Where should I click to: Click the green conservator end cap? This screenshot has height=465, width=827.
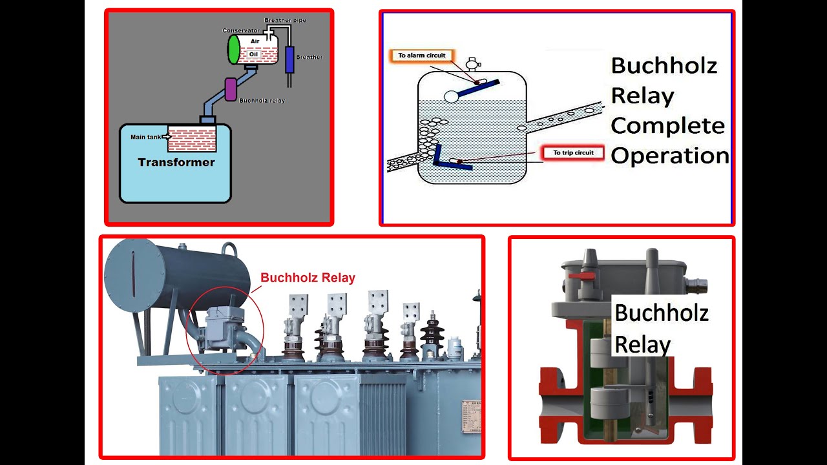pyautogui.click(x=234, y=50)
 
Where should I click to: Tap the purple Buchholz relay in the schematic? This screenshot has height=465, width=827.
pyautogui.click(x=230, y=88)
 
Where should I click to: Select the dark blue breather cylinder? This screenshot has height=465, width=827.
pyautogui.click(x=289, y=59)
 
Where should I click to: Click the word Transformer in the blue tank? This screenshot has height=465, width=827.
pyautogui.click(x=176, y=162)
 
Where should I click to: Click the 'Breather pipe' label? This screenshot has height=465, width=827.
pyautogui.click(x=285, y=20)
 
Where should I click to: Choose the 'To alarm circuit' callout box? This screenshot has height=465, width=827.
pyautogui.click(x=422, y=56)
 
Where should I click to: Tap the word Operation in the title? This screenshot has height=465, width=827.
pyautogui.click(x=669, y=156)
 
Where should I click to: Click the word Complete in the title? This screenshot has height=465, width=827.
pyautogui.click(x=667, y=125)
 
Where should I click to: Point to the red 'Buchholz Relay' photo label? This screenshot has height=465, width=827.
pyautogui.click(x=308, y=278)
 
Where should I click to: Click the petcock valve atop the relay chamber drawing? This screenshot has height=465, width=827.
pyautogui.click(x=474, y=65)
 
